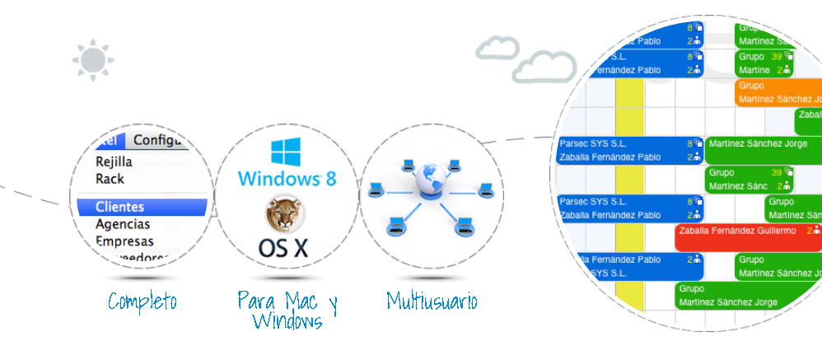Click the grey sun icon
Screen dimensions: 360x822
[x=92, y=59]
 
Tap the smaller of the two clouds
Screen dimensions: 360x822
[x=497, y=47]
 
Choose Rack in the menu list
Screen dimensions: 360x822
[x=110, y=178]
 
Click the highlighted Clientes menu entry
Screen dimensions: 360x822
[x=120, y=207]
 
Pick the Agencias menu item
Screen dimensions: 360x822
[x=123, y=224]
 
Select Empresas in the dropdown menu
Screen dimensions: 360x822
[x=124, y=241]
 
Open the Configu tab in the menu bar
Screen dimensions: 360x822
[x=161, y=140]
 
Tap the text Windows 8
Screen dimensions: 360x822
[x=287, y=179]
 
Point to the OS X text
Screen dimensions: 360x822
[x=283, y=247]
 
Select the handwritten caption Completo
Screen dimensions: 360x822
[x=142, y=302]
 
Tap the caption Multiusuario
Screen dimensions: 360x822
[x=432, y=302]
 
